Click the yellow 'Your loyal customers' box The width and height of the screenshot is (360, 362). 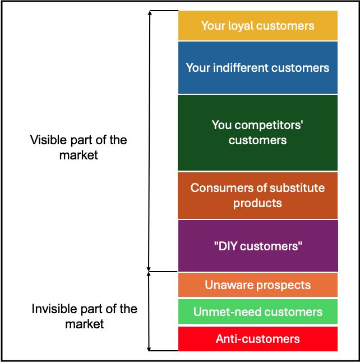pyautogui.click(x=257, y=26)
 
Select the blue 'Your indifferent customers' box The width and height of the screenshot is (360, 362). pyautogui.click(x=257, y=68)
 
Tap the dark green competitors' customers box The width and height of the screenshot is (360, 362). pyautogui.click(x=257, y=132)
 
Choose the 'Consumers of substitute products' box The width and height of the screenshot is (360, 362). pyautogui.click(x=257, y=195)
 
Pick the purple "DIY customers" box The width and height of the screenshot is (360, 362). pyautogui.click(x=257, y=246)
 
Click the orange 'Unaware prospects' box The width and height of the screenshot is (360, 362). pyautogui.click(x=257, y=285)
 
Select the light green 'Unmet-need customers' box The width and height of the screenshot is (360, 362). pyautogui.click(x=257, y=311)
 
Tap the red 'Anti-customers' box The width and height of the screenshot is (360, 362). pyautogui.click(x=257, y=338)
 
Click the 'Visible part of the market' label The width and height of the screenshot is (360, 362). pyautogui.click(x=79, y=147)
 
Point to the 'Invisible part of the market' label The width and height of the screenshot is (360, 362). pyautogui.click(x=84, y=316)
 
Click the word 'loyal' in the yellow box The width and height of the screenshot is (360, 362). pyautogui.click(x=240, y=26)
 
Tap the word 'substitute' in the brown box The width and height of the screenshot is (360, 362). pyautogui.click(x=298, y=188)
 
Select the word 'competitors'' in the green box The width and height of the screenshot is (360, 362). pyautogui.click(x=268, y=125)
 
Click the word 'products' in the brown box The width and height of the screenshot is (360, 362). pyautogui.click(x=257, y=203)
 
